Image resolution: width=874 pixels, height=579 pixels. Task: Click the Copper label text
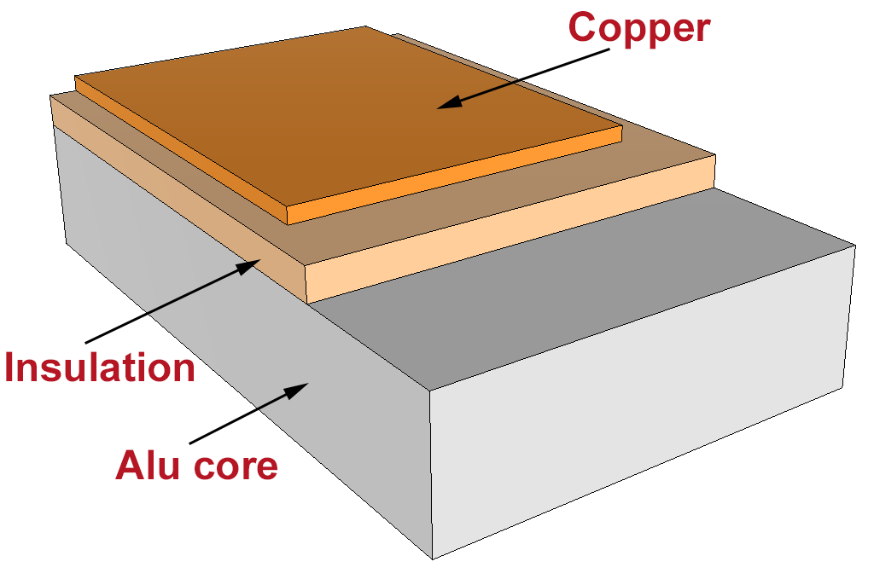(638, 28)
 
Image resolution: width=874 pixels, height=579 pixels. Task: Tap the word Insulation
(100, 368)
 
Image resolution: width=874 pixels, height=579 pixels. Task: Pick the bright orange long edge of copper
(452, 175)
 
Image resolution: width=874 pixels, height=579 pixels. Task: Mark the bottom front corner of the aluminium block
(433, 559)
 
